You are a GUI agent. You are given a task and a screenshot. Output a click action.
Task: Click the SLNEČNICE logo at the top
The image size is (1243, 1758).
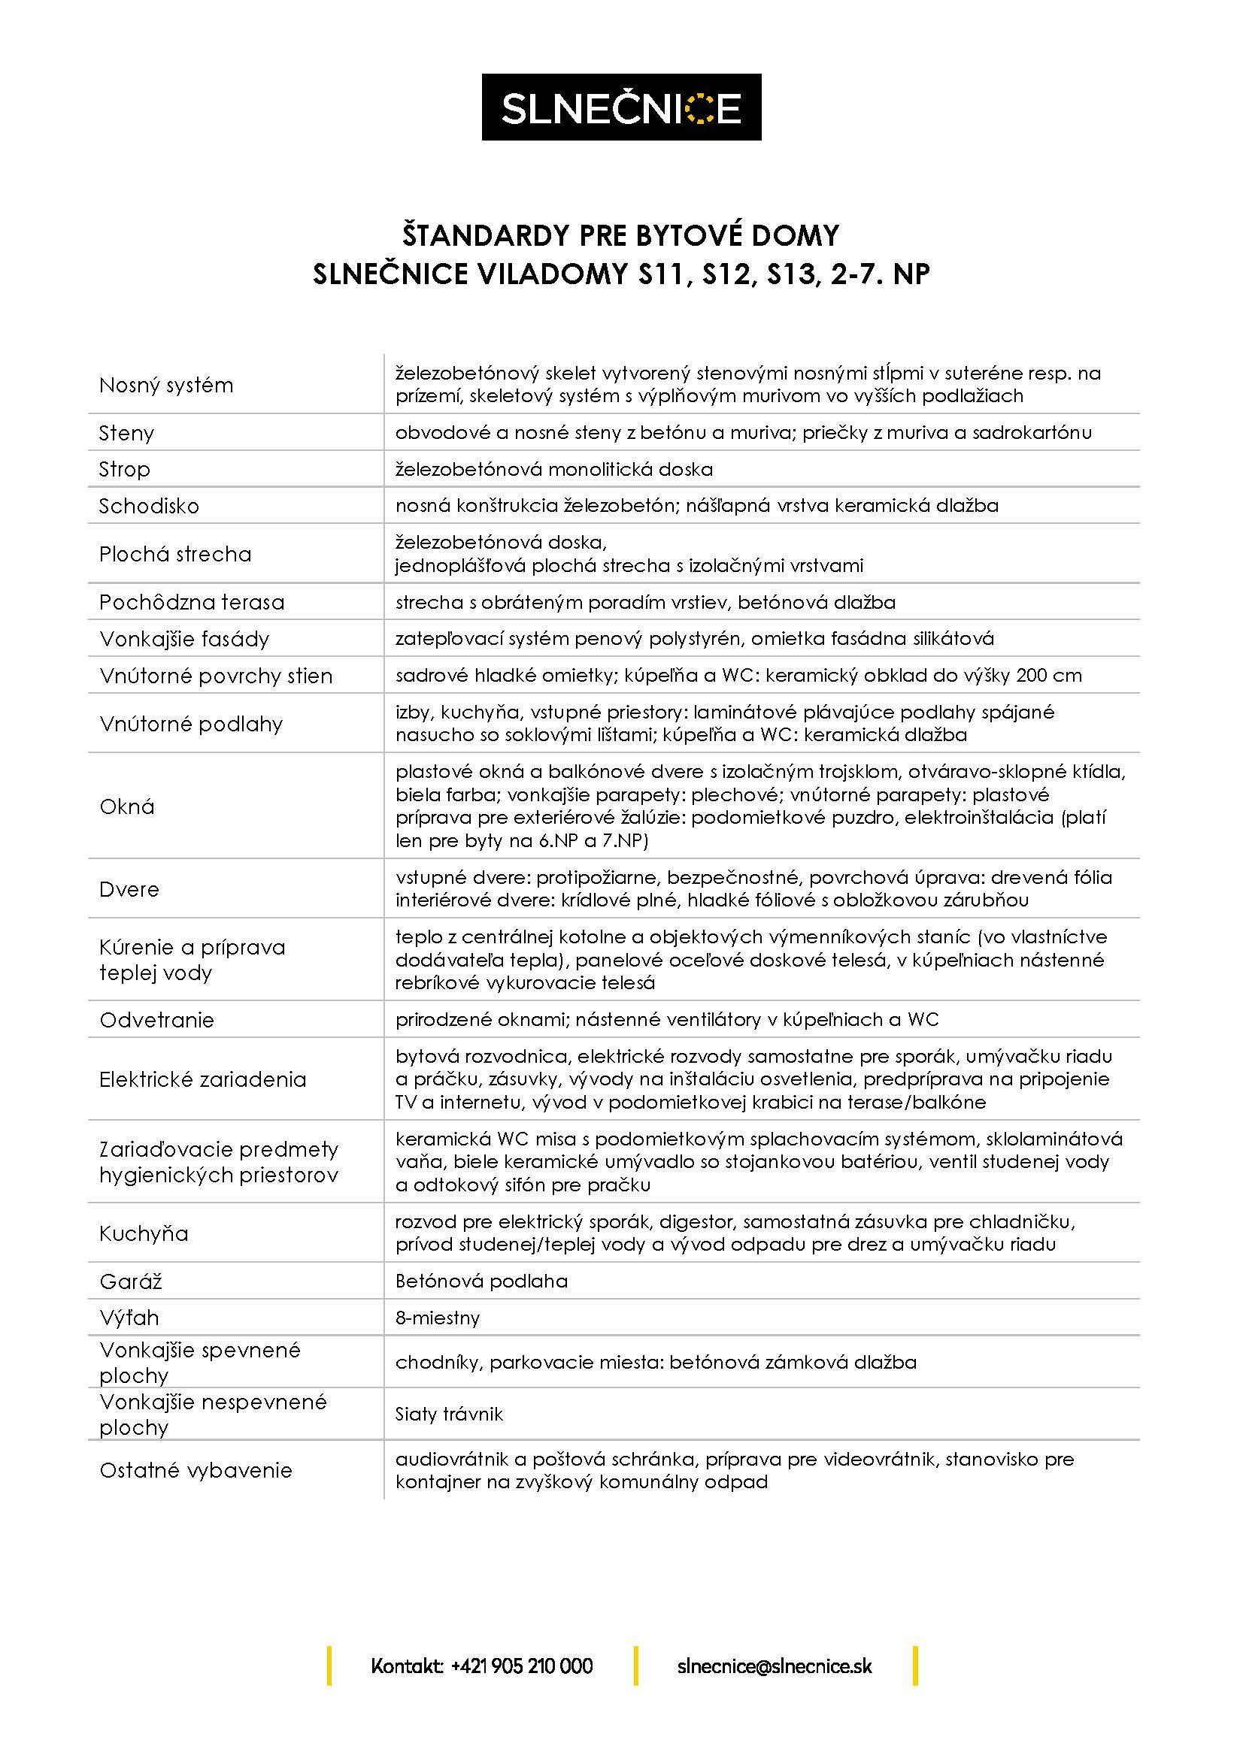(621, 107)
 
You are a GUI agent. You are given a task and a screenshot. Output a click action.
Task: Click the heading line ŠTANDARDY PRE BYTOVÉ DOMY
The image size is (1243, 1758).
(621, 235)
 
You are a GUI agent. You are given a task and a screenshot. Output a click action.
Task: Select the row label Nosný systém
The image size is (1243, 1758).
(166, 384)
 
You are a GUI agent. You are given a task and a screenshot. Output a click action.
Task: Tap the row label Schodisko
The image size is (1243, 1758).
(149, 505)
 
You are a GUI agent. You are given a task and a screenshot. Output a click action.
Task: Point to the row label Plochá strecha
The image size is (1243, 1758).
(175, 554)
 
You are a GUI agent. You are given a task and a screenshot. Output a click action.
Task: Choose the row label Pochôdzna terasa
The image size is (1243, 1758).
(192, 602)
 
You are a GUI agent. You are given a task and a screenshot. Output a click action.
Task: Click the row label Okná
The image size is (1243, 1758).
(127, 806)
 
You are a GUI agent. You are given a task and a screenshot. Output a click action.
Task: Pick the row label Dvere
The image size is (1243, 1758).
(129, 889)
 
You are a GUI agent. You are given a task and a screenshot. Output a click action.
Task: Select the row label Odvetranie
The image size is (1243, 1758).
(157, 1020)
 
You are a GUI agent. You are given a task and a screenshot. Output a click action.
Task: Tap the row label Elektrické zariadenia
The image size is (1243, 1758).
(203, 1079)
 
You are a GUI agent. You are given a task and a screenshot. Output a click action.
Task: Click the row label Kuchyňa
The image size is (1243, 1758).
(144, 1233)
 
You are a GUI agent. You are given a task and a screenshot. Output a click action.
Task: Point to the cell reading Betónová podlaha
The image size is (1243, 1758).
(481, 1281)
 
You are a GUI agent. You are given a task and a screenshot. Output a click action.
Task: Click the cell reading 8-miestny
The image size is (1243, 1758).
(438, 1318)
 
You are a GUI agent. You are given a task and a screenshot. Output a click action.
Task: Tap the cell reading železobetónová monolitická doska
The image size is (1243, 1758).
(553, 468)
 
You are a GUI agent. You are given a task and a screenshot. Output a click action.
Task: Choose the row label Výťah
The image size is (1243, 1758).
(129, 1318)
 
